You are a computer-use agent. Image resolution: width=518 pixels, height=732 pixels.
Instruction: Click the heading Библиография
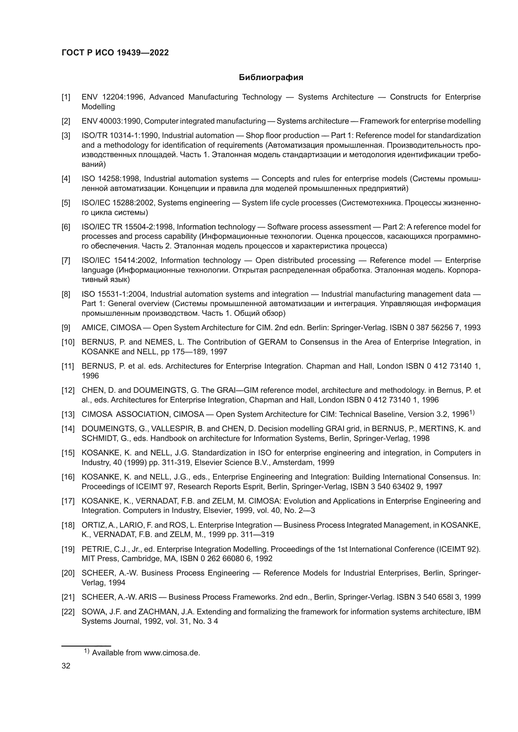tap(271, 78)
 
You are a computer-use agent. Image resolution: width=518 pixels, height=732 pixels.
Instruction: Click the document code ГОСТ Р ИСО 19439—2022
tap(115, 53)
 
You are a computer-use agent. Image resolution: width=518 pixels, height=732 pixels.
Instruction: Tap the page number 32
tap(66, 666)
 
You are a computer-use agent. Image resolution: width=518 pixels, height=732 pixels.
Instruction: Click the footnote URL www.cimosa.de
tap(172, 653)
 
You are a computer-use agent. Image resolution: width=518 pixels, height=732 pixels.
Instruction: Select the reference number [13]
tap(68, 414)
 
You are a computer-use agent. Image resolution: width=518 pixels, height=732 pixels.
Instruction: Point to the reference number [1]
tap(66, 97)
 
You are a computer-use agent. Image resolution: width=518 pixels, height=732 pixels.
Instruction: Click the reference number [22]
tap(68, 612)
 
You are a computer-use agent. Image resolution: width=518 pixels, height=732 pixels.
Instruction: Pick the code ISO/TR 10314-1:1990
tap(121, 136)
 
